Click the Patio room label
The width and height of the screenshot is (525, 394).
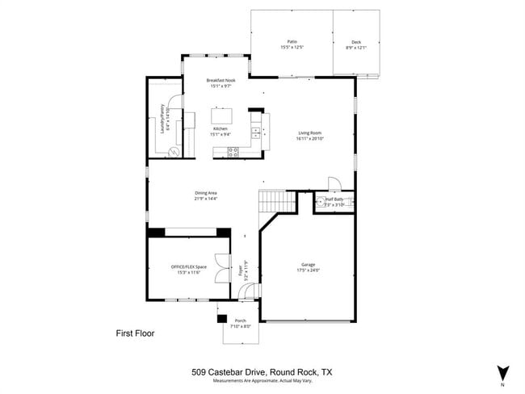point(292,41)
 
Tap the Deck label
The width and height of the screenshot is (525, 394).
point(356,42)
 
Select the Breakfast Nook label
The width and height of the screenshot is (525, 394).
point(220,80)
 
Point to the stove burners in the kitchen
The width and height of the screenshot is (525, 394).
point(233,151)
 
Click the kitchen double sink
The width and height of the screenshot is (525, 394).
point(256,129)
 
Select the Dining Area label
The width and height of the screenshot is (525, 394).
point(206,192)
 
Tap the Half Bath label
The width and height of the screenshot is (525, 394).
point(334,199)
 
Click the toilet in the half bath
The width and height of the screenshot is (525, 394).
point(320,202)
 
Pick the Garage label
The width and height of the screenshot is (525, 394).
point(308,265)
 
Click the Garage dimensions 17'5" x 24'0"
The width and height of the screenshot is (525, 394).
point(308,270)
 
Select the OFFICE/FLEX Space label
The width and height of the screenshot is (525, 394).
point(189,266)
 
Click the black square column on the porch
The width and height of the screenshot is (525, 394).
point(222,318)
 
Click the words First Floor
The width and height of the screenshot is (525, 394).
point(135,333)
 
